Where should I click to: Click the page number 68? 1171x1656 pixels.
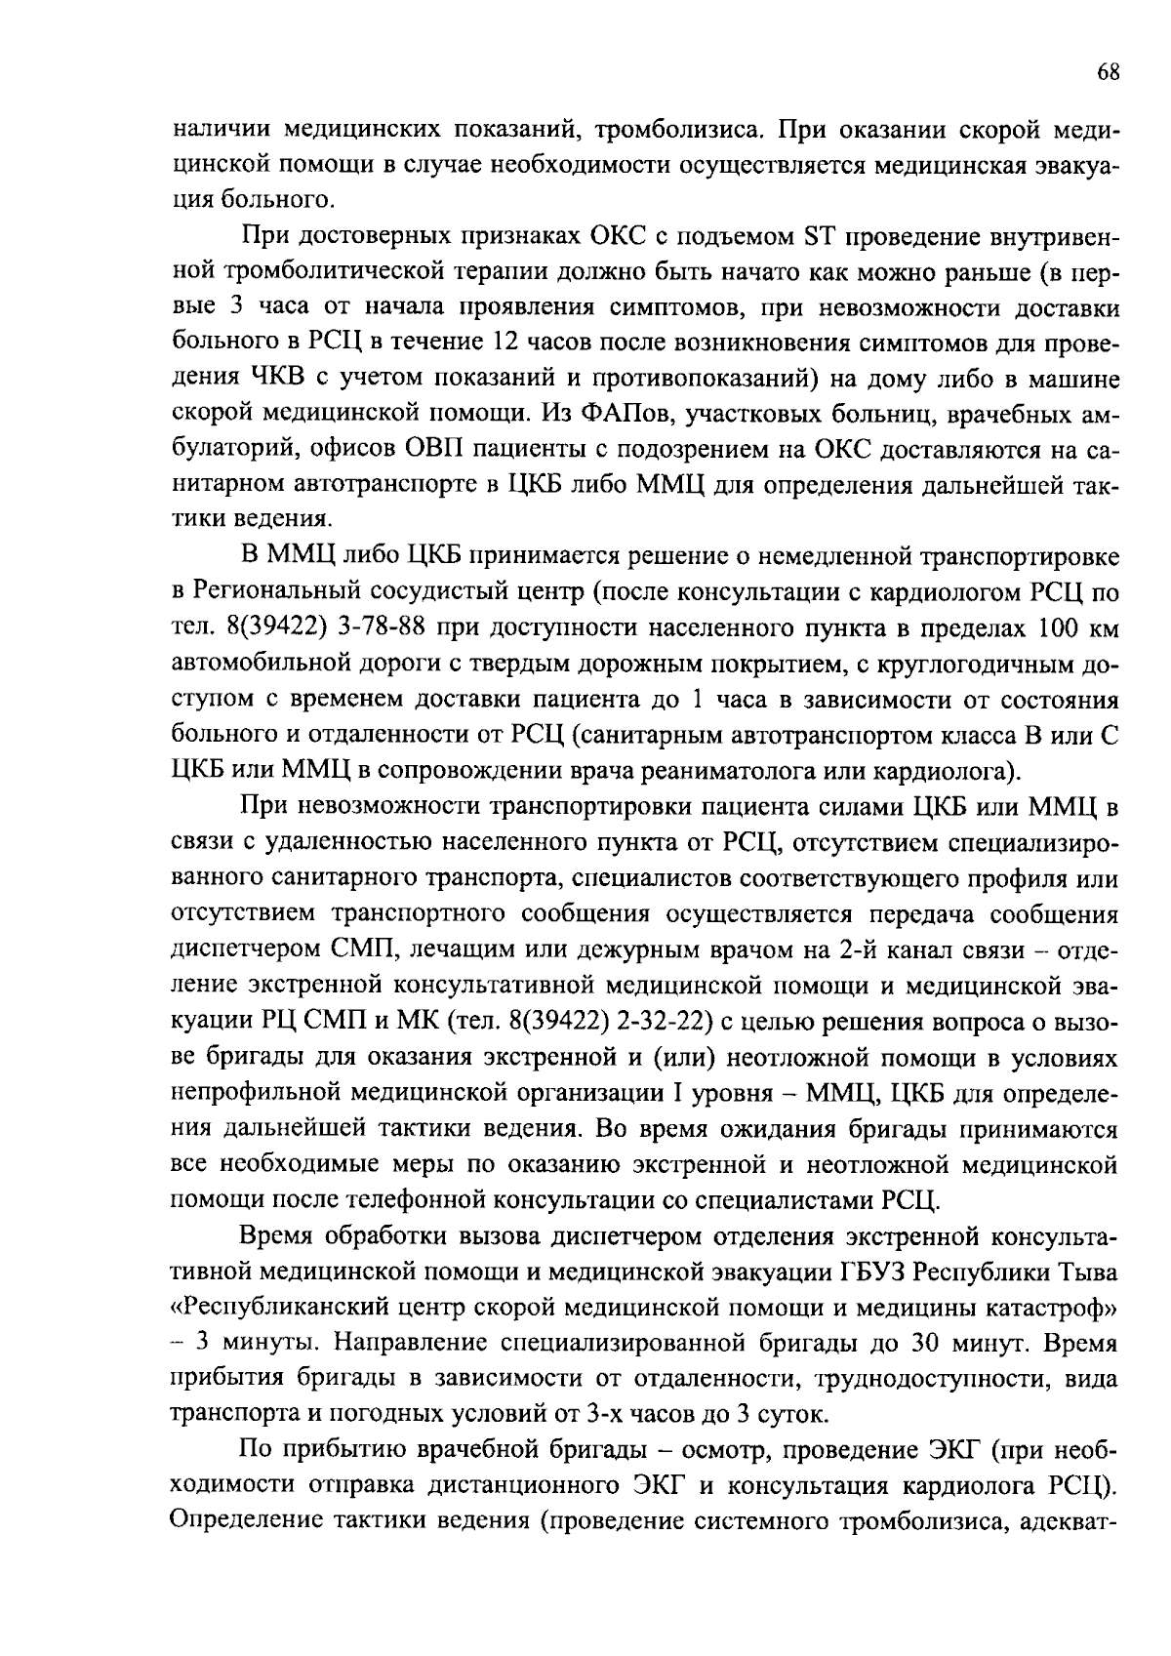click(1108, 73)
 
